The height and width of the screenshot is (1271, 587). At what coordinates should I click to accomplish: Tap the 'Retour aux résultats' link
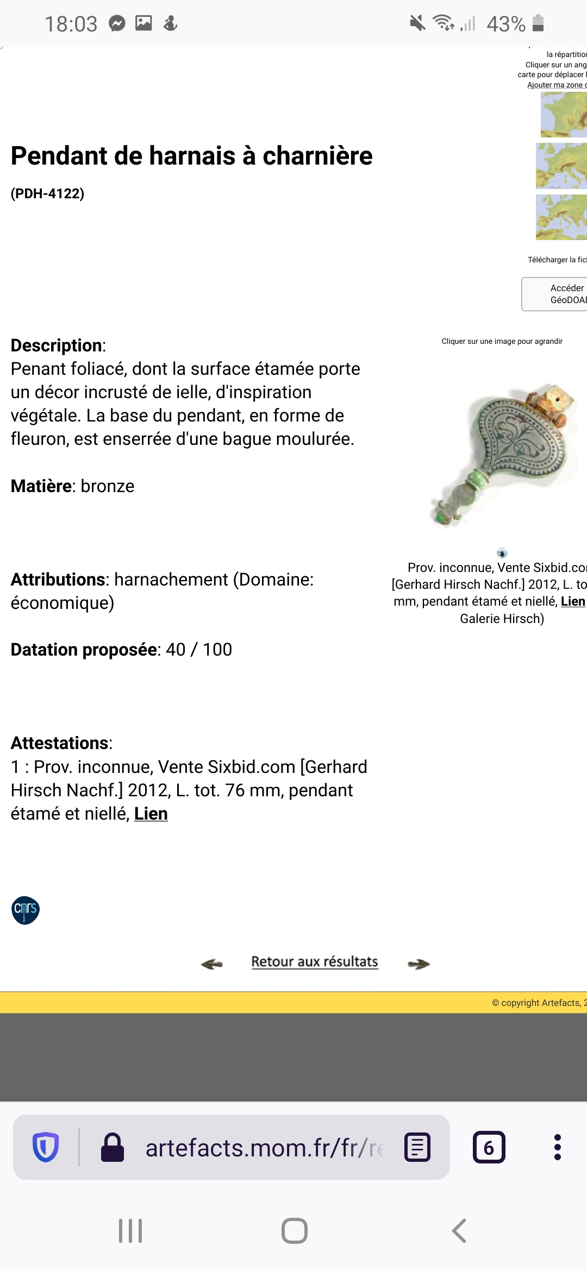[x=314, y=961]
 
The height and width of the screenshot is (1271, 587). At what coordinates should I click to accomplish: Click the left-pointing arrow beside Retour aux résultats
[x=211, y=964]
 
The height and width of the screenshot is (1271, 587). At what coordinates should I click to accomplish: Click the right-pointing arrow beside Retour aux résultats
[x=419, y=964]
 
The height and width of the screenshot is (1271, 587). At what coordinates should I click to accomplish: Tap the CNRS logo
[x=26, y=910]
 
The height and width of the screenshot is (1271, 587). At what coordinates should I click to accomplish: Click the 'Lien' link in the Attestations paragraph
[x=151, y=814]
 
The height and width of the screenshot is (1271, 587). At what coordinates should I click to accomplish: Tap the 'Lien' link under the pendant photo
[x=572, y=601]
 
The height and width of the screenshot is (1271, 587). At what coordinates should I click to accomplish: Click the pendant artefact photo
[x=503, y=456]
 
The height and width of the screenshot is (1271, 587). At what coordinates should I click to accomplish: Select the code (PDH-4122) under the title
[x=47, y=193]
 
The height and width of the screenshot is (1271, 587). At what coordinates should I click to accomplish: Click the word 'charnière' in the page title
[x=317, y=156]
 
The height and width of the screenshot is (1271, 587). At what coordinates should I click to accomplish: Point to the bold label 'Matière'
[x=41, y=486]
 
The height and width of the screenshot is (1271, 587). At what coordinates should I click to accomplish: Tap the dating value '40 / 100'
[x=198, y=650]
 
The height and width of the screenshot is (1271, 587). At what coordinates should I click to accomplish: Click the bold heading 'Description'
[x=57, y=345]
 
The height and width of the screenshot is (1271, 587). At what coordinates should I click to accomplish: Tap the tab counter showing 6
[x=489, y=1147]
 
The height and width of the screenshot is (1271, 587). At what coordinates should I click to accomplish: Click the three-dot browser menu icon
[x=557, y=1147]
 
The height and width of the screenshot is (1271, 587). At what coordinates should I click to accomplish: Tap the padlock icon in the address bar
[x=113, y=1147]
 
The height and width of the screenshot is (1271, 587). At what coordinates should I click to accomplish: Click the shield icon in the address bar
[x=46, y=1147]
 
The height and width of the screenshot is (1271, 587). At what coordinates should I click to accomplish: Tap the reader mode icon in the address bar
[x=417, y=1147]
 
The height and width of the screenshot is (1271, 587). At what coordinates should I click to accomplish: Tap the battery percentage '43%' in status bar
[x=505, y=24]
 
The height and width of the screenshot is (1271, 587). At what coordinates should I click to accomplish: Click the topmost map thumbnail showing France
[x=563, y=114]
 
